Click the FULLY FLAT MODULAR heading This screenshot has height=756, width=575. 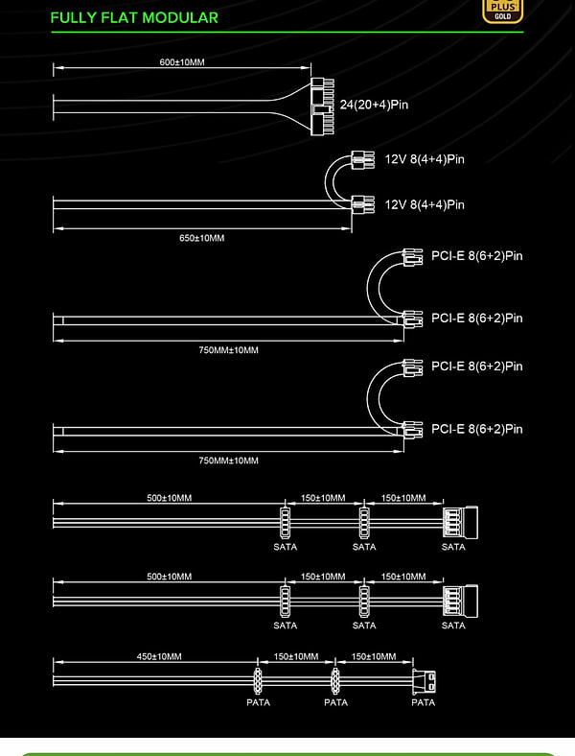pyautogui.click(x=133, y=17)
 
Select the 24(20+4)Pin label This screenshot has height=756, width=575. pyautogui.click(x=374, y=105)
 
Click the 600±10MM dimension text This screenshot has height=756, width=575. pyautogui.click(x=182, y=62)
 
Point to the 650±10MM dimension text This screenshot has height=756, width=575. pyautogui.click(x=201, y=237)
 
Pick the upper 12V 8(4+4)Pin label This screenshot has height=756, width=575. pyautogui.click(x=425, y=159)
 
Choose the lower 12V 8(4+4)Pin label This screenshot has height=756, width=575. pyautogui.click(x=425, y=204)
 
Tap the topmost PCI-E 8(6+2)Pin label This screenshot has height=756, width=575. pyautogui.click(x=476, y=256)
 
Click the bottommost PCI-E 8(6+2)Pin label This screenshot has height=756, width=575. pyautogui.click(x=476, y=429)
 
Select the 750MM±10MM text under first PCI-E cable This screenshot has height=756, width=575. pyautogui.click(x=228, y=350)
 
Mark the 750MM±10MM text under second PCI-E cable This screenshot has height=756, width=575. pyautogui.click(x=228, y=461)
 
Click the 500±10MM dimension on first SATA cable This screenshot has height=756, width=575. pyautogui.click(x=169, y=498)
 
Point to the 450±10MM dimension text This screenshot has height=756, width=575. pyautogui.click(x=159, y=656)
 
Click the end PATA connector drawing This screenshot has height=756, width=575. pyautogui.click(x=424, y=681)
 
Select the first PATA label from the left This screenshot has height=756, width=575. pyautogui.click(x=259, y=702)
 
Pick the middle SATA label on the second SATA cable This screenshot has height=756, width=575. pyautogui.click(x=364, y=626)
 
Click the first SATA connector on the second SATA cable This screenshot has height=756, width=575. pyautogui.click(x=285, y=601)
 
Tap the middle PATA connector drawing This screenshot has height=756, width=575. pyautogui.click(x=336, y=681)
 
